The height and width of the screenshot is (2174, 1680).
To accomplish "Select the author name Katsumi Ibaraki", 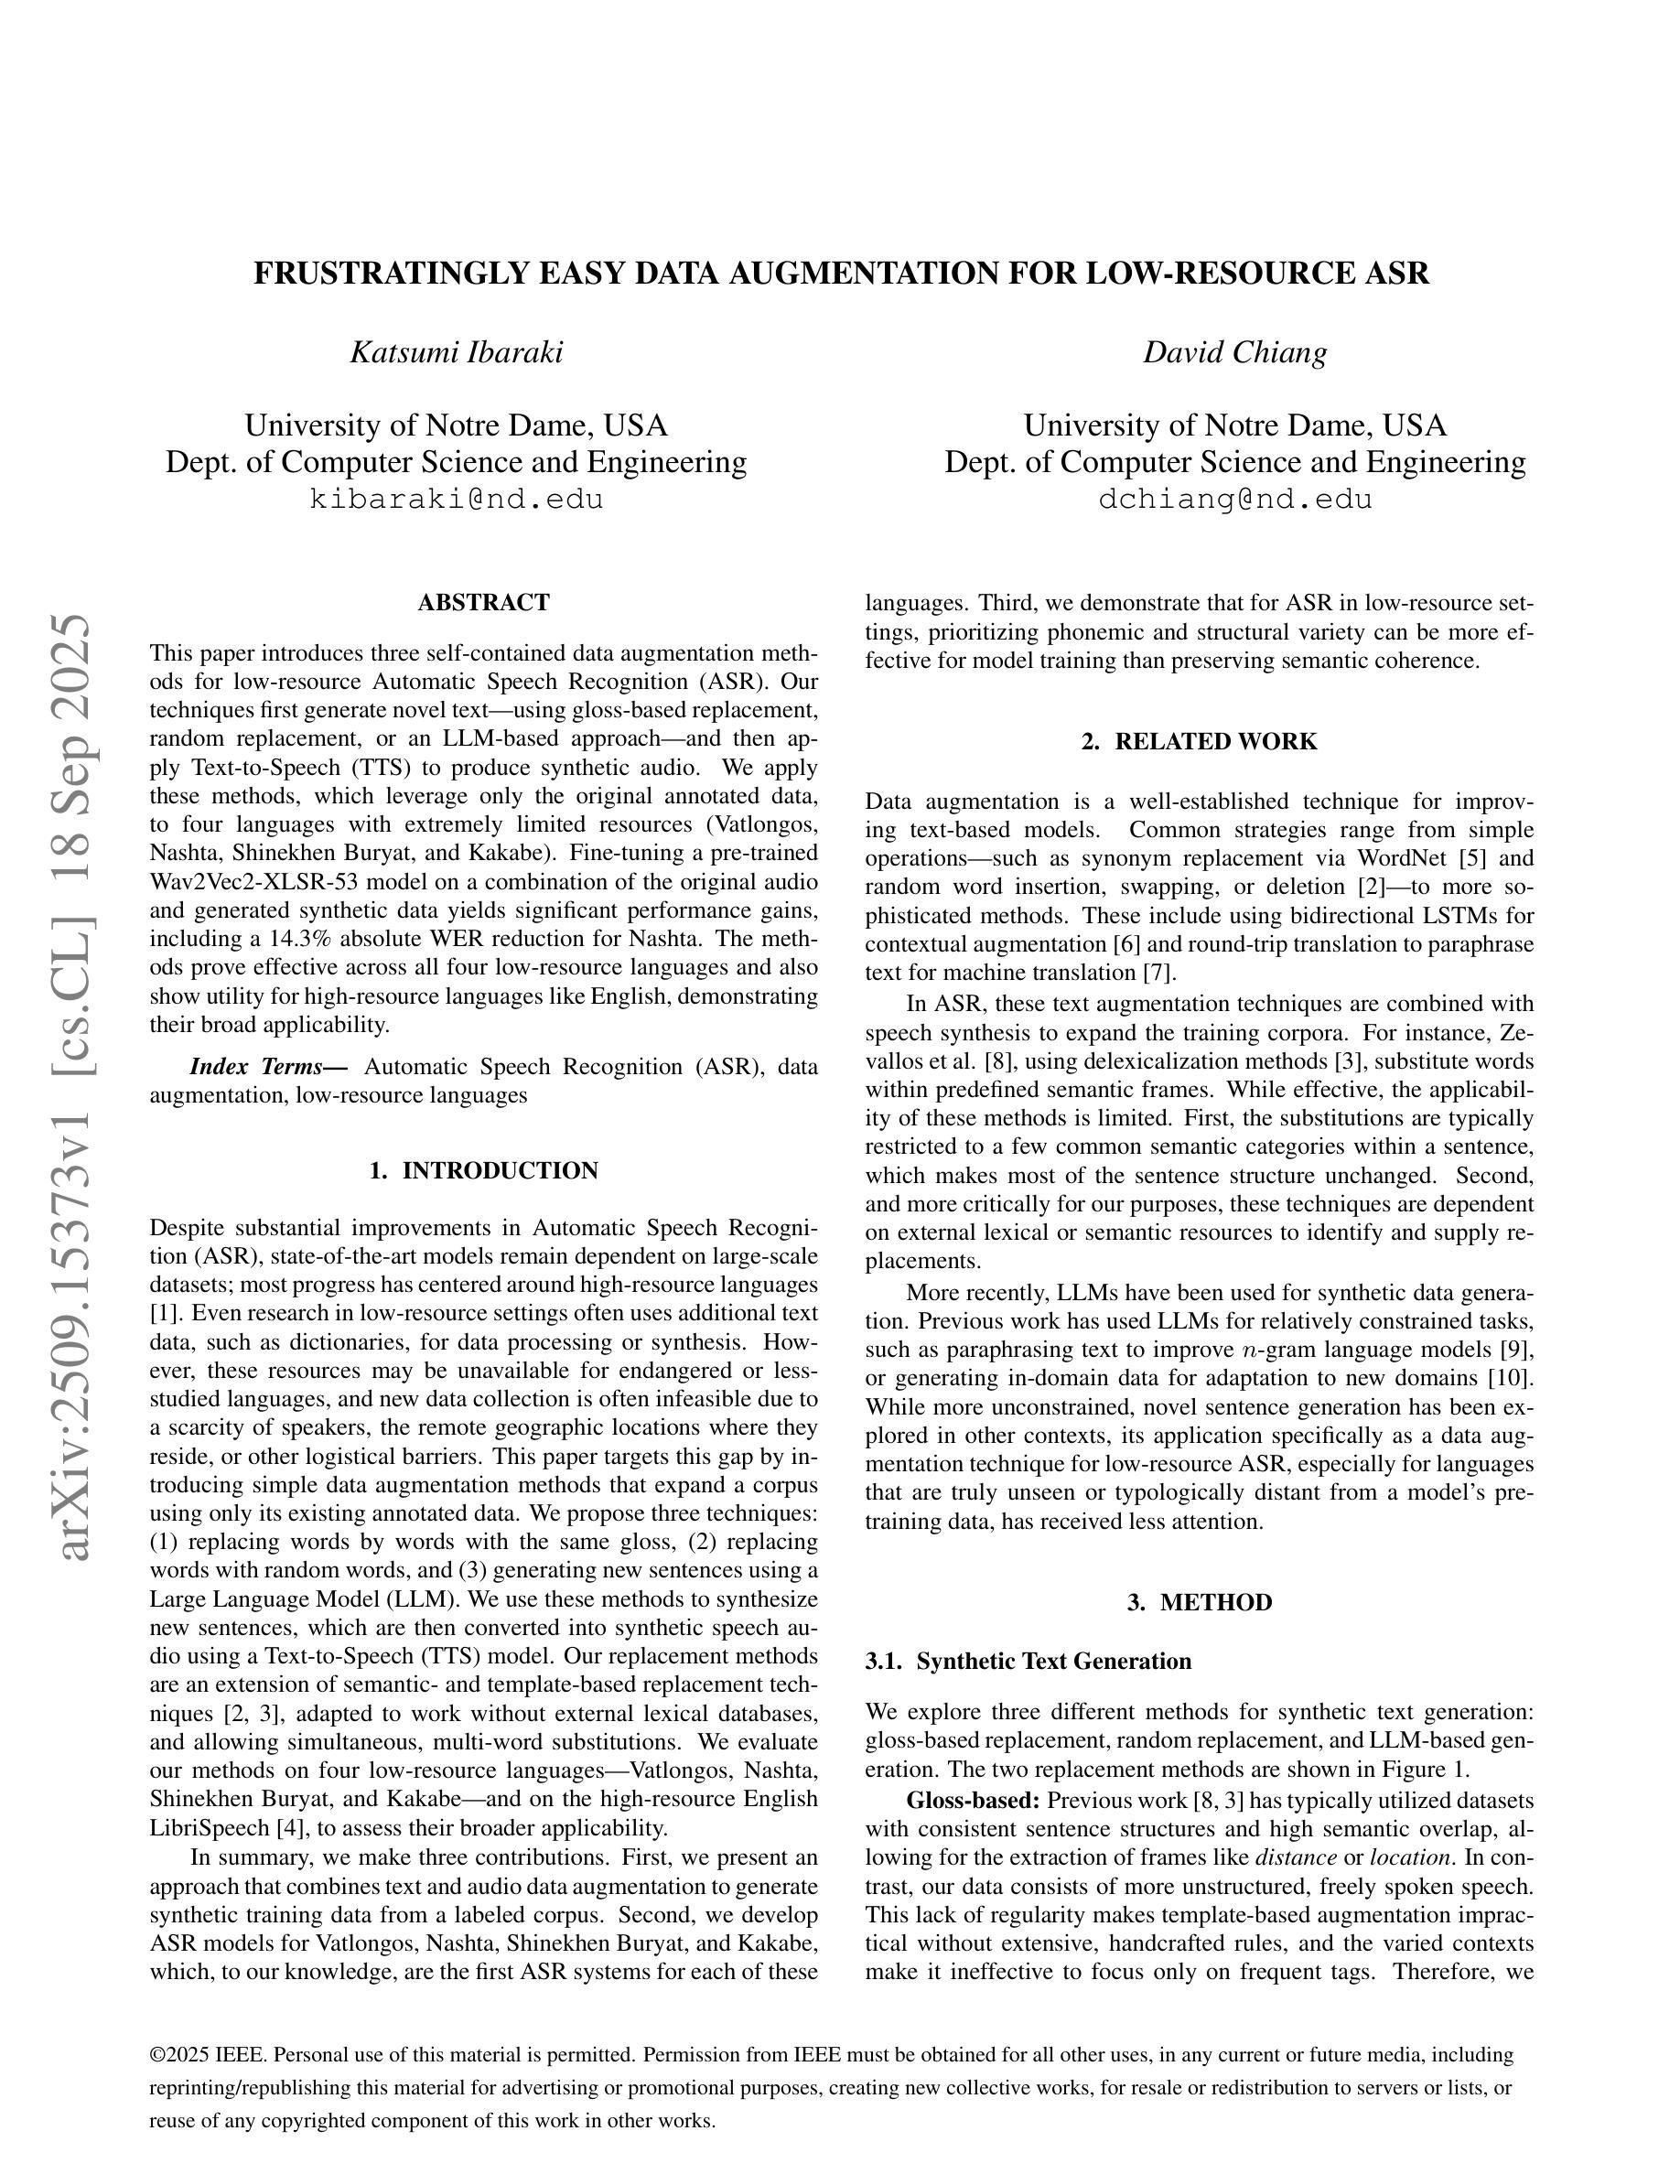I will click(x=456, y=352).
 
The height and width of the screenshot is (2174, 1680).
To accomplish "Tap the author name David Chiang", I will click(x=1234, y=352).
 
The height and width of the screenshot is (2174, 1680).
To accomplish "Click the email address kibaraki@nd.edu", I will click(x=456, y=500).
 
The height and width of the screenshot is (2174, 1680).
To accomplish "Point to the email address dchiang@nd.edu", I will click(x=1234, y=500).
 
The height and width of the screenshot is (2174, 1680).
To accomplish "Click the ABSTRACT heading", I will click(x=484, y=603).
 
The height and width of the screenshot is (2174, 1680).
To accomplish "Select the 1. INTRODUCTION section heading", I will click(x=484, y=1170).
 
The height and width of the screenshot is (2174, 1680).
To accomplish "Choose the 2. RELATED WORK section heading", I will click(x=1200, y=741).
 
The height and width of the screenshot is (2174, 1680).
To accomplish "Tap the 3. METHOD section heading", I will click(x=1200, y=1603).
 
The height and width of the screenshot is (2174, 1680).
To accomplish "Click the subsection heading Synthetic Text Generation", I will click(x=1053, y=1662).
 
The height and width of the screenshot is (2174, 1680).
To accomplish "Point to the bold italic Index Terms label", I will click(x=268, y=1067).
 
